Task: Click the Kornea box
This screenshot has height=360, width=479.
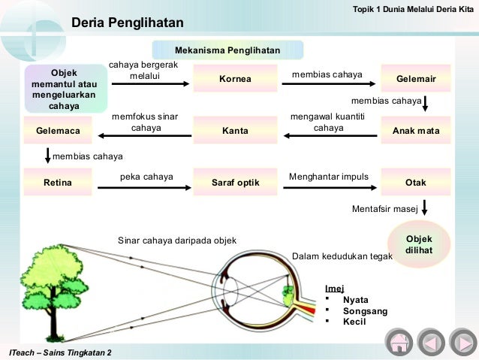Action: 235,79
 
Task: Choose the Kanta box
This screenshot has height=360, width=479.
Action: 235,131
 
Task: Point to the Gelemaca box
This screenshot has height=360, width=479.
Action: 58,131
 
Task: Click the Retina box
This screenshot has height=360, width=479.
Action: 58,182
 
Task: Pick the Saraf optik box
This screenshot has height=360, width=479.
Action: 235,182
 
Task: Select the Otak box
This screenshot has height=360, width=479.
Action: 415,182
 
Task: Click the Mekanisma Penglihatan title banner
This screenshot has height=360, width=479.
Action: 227,50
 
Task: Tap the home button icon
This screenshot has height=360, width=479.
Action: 399,343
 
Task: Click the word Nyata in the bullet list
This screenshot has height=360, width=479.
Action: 355,299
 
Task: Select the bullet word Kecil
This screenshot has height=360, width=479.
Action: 354,321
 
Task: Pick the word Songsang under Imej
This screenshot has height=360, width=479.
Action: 360,310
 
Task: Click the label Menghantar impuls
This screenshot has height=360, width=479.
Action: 328,177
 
